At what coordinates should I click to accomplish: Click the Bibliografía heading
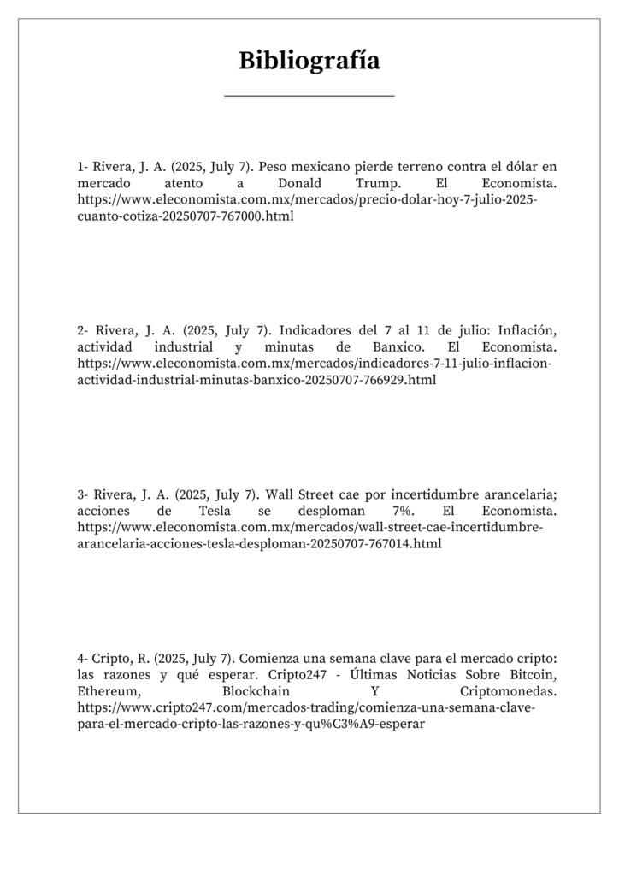click(x=309, y=62)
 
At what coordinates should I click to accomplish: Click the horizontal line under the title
click(x=309, y=96)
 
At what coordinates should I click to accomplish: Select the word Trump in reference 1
click(x=376, y=184)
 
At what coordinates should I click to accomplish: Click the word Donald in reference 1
click(x=299, y=184)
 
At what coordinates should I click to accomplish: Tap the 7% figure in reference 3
click(x=395, y=511)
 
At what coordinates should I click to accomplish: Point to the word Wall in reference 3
click(x=281, y=494)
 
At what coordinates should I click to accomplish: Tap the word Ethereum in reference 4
click(x=106, y=690)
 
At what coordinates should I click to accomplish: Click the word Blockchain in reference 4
click(x=256, y=690)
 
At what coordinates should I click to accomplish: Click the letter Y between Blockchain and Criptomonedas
click(x=374, y=690)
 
